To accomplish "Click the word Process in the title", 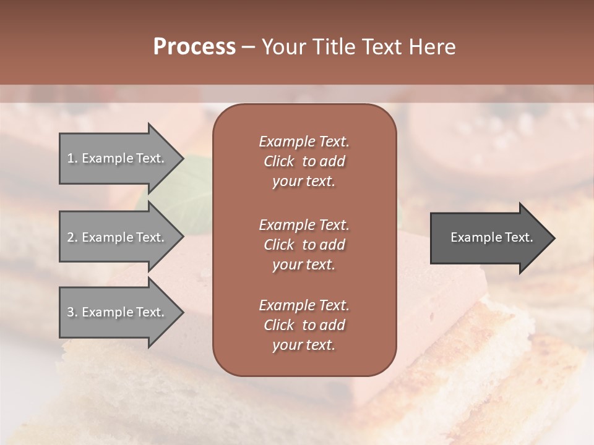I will click(x=194, y=47).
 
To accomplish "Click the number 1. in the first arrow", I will click(x=72, y=158).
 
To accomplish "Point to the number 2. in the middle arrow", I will click(x=72, y=237).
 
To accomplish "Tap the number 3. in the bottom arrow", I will click(x=72, y=312).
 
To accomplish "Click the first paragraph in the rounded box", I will click(x=304, y=161).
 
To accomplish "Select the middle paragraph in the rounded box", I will click(x=304, y=245).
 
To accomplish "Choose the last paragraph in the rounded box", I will click(x=304, y=325).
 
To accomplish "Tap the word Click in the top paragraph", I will click(x=279, y=161).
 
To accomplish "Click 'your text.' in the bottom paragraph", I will click(x=304, y=345).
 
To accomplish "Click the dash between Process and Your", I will click(x=249, y=47).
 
